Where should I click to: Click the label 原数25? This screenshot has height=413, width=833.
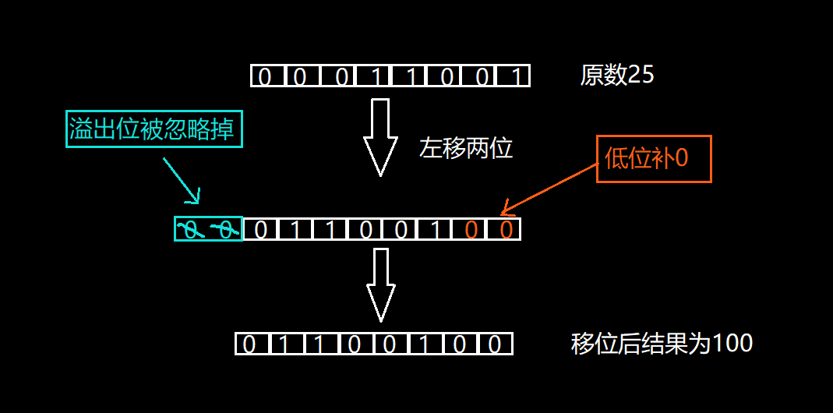616,75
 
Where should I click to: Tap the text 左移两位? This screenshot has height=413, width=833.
466,148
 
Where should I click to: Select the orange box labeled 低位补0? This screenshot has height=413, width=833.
654,159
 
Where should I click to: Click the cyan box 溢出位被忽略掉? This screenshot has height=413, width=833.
154,129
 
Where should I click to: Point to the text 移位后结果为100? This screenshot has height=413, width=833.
662,344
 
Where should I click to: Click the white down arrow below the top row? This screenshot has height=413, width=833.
380,136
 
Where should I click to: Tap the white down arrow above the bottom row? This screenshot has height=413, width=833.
380,284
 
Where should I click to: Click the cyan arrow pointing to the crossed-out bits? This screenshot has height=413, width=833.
182,180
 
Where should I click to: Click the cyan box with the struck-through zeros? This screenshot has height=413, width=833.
208,229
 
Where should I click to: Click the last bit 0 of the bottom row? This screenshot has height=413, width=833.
496,344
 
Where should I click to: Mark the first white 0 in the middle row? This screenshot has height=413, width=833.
261,230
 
